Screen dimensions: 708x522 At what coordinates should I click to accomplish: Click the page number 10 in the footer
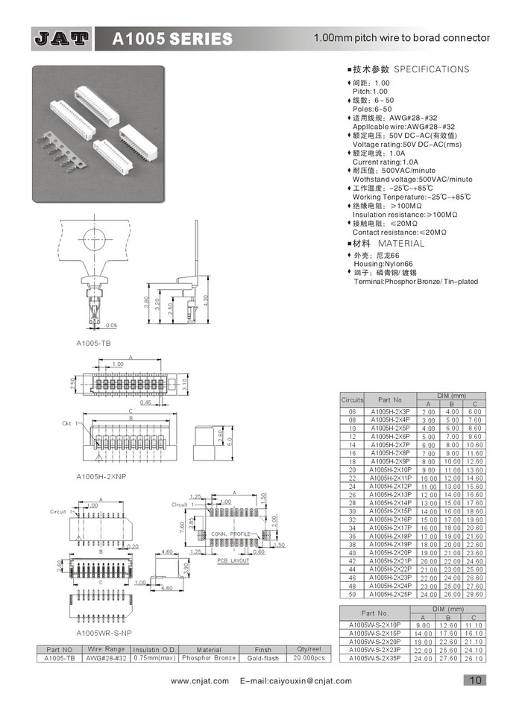tap(475, 679)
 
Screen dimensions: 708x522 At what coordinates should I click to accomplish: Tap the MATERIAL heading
tap(400, 244)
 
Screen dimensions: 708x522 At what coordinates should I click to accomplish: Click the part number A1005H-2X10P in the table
tap(391, 470)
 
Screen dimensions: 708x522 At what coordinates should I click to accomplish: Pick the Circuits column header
tap(352, 399)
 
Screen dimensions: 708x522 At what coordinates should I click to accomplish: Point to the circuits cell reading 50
tap(352, 594)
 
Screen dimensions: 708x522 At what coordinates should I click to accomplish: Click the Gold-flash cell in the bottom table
tap(263, 658)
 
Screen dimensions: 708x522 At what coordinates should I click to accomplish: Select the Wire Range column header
tap(104, 650)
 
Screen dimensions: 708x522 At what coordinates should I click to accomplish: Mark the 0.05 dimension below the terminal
tap(111, 325)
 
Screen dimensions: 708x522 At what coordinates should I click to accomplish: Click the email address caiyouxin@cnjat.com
tap(296, 680)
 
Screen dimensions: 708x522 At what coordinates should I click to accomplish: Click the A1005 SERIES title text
tap(172, 39)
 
